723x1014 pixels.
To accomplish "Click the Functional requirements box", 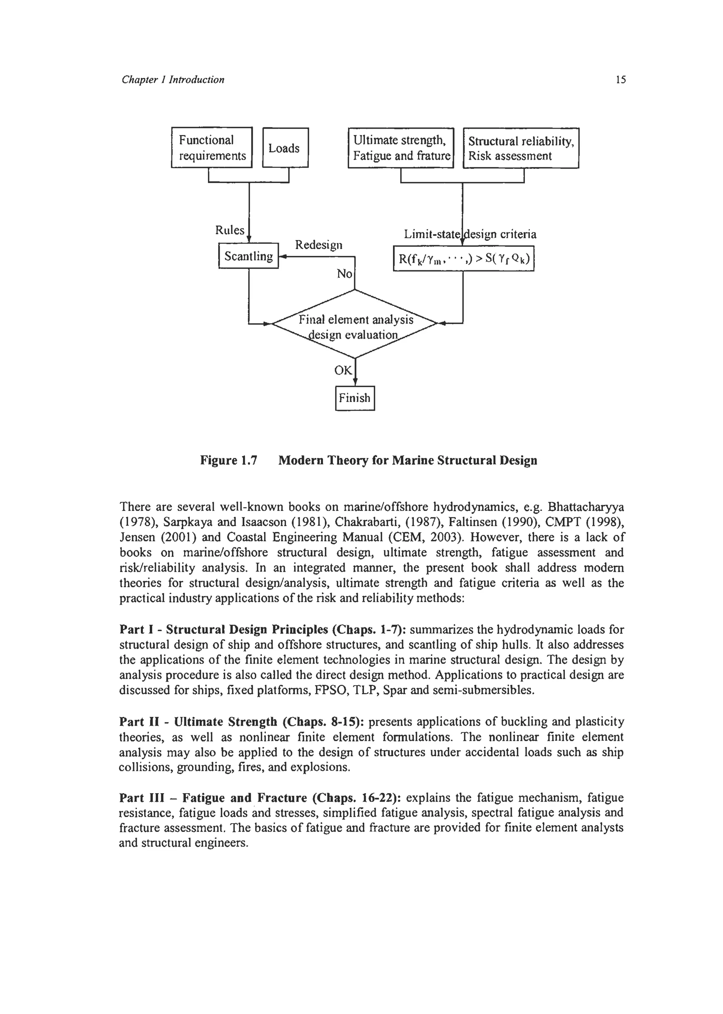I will (x=212, y=148).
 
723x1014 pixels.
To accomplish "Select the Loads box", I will (x=285, y=148).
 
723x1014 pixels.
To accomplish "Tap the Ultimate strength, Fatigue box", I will (x=401, y=148).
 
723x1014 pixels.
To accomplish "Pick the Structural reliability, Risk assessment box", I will (x=521, y=148).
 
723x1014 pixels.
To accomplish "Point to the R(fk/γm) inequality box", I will (x=464, y=259).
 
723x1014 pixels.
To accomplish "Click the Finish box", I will (x=355, y=398).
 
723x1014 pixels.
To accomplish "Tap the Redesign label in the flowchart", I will (x=319, y=245).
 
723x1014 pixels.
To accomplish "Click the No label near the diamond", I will (x=344, y=274).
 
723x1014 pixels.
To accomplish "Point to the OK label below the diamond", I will (x=343, y=370).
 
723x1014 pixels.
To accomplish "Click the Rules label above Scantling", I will (x=230, y=230).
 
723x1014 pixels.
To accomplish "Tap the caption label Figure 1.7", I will (x=229, y=460).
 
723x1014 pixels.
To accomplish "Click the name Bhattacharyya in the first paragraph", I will (x=586, y=507).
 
